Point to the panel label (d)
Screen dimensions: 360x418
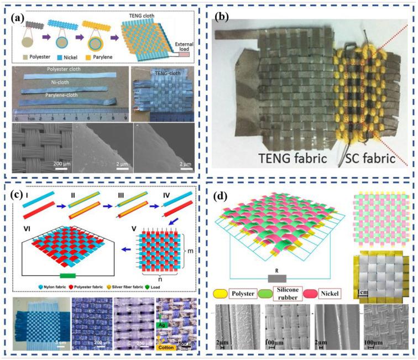(227, 195)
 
